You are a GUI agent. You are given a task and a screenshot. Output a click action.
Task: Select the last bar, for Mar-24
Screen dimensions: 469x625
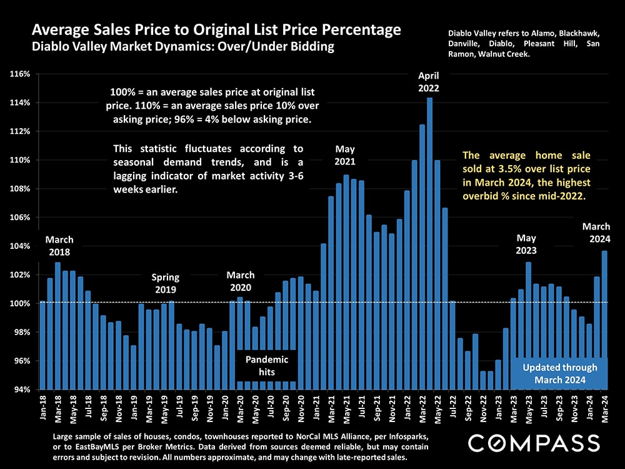pyautogui.click(x=604, y=320)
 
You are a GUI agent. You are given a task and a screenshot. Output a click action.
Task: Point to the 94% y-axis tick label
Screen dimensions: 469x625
pyautogui.click(x=22, y=390)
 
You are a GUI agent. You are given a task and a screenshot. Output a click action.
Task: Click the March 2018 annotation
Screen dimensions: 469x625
pyautogui.click(x=59, y=246)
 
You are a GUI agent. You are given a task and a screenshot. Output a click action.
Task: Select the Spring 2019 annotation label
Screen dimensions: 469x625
pyautogui.click(x=165, y=283)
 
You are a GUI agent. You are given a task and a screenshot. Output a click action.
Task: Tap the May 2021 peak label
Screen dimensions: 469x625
pyautogui.click(x=345, y=155)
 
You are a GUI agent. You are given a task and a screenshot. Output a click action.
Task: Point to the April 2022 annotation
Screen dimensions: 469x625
pyautogui.click(x=429, y=82)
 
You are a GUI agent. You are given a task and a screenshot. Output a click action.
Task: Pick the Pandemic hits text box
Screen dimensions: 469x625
pyautogui.click(x=267, y=366)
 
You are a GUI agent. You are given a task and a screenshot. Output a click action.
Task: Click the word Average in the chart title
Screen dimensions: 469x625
pyautogui.click(x=59, y=30)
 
